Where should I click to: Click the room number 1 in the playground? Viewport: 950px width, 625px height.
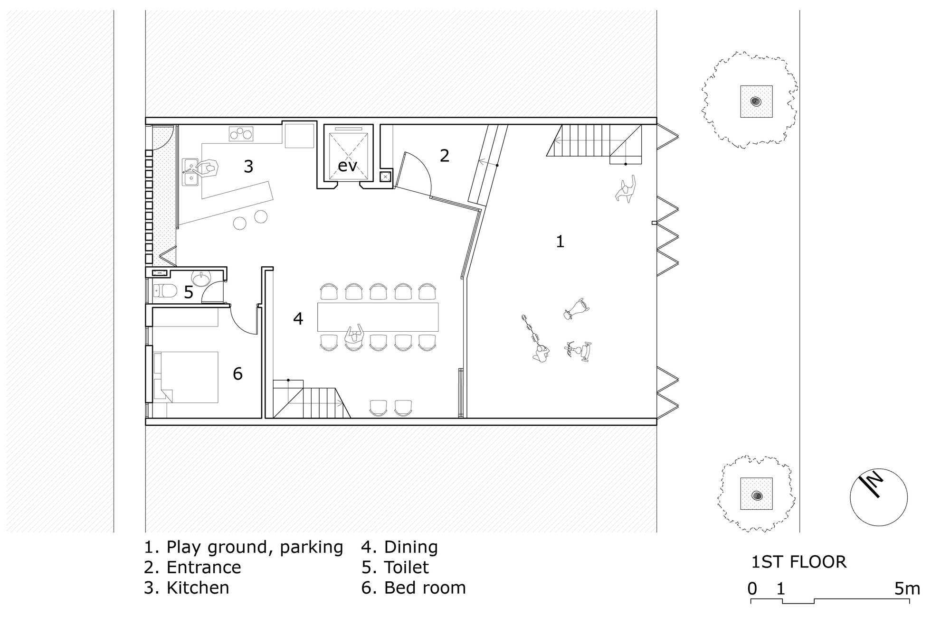point(560,242)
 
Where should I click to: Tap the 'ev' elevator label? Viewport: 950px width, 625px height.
point(347,166)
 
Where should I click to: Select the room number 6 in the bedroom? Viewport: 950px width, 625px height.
point(237,374)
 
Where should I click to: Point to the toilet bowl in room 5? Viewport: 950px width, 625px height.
point(165,290)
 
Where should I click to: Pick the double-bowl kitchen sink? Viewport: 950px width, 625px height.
point(190,172)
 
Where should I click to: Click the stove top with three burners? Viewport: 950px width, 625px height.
point(241,134)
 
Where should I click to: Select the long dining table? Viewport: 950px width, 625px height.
point(378,317)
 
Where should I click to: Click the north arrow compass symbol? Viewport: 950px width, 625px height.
point(878,497)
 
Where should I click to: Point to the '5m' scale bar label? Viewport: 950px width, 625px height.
point(907,588)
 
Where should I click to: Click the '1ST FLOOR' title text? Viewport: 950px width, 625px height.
point(799,562)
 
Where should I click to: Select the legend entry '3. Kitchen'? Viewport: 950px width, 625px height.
point(187,588)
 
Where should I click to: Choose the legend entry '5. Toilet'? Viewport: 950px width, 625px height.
point(395,567)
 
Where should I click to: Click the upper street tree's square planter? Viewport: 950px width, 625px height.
point(756,101)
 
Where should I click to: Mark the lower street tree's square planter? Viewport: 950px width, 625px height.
point(756,494)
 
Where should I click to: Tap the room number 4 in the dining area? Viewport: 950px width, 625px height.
point(298,318)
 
